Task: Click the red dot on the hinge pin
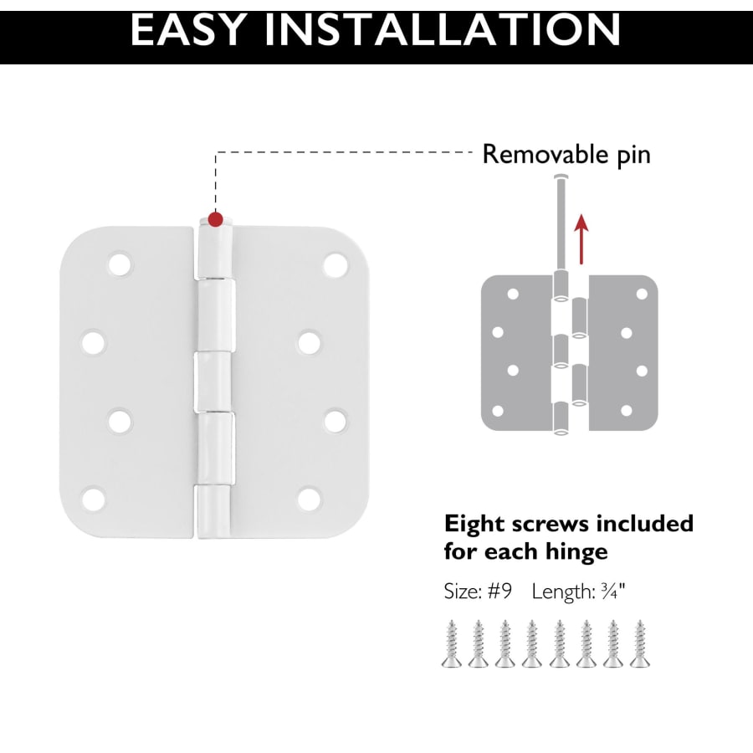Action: point(216,219)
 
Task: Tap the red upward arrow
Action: point(581,239)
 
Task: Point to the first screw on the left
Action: point(452,643)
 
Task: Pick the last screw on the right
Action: point(640,643)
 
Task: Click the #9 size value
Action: point(500,592)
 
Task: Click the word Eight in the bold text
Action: point(474,525)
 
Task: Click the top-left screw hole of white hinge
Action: point(120,264)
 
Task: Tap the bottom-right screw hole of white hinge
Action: point(309,499)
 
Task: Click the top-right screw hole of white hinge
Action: point(336,264)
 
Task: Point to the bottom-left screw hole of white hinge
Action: point(94,499)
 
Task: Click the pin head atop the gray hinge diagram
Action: point(560,177)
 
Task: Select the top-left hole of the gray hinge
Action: point(513,294)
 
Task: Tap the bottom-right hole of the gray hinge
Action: point(626,411)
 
